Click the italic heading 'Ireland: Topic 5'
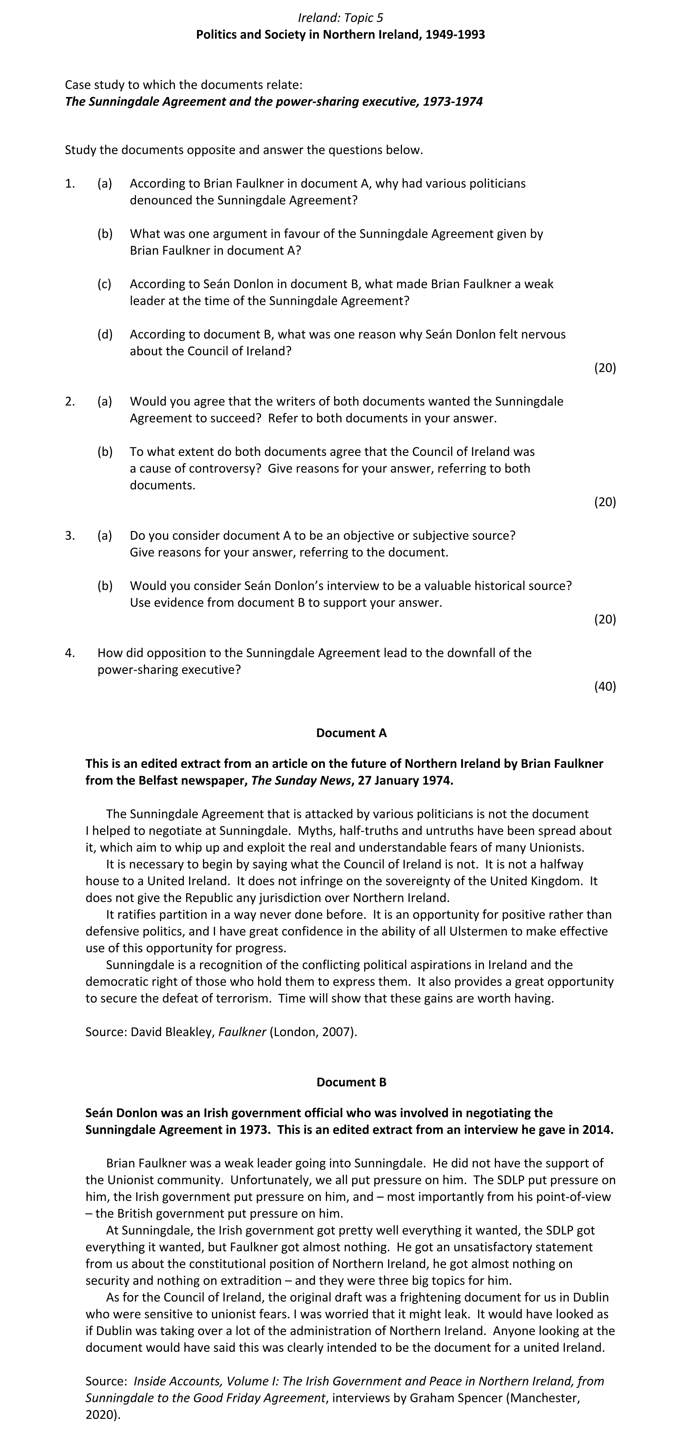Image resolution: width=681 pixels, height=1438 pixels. click(340, 18)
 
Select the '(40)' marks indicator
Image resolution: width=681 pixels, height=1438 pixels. click(605, 686)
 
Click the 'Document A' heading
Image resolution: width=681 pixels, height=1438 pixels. click(351, 733)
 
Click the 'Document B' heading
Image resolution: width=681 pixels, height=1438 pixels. click(351, 1082)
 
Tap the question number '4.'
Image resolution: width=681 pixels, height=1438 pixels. click(70, 653)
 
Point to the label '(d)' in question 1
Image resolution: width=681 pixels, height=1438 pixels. click(105, 334)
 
